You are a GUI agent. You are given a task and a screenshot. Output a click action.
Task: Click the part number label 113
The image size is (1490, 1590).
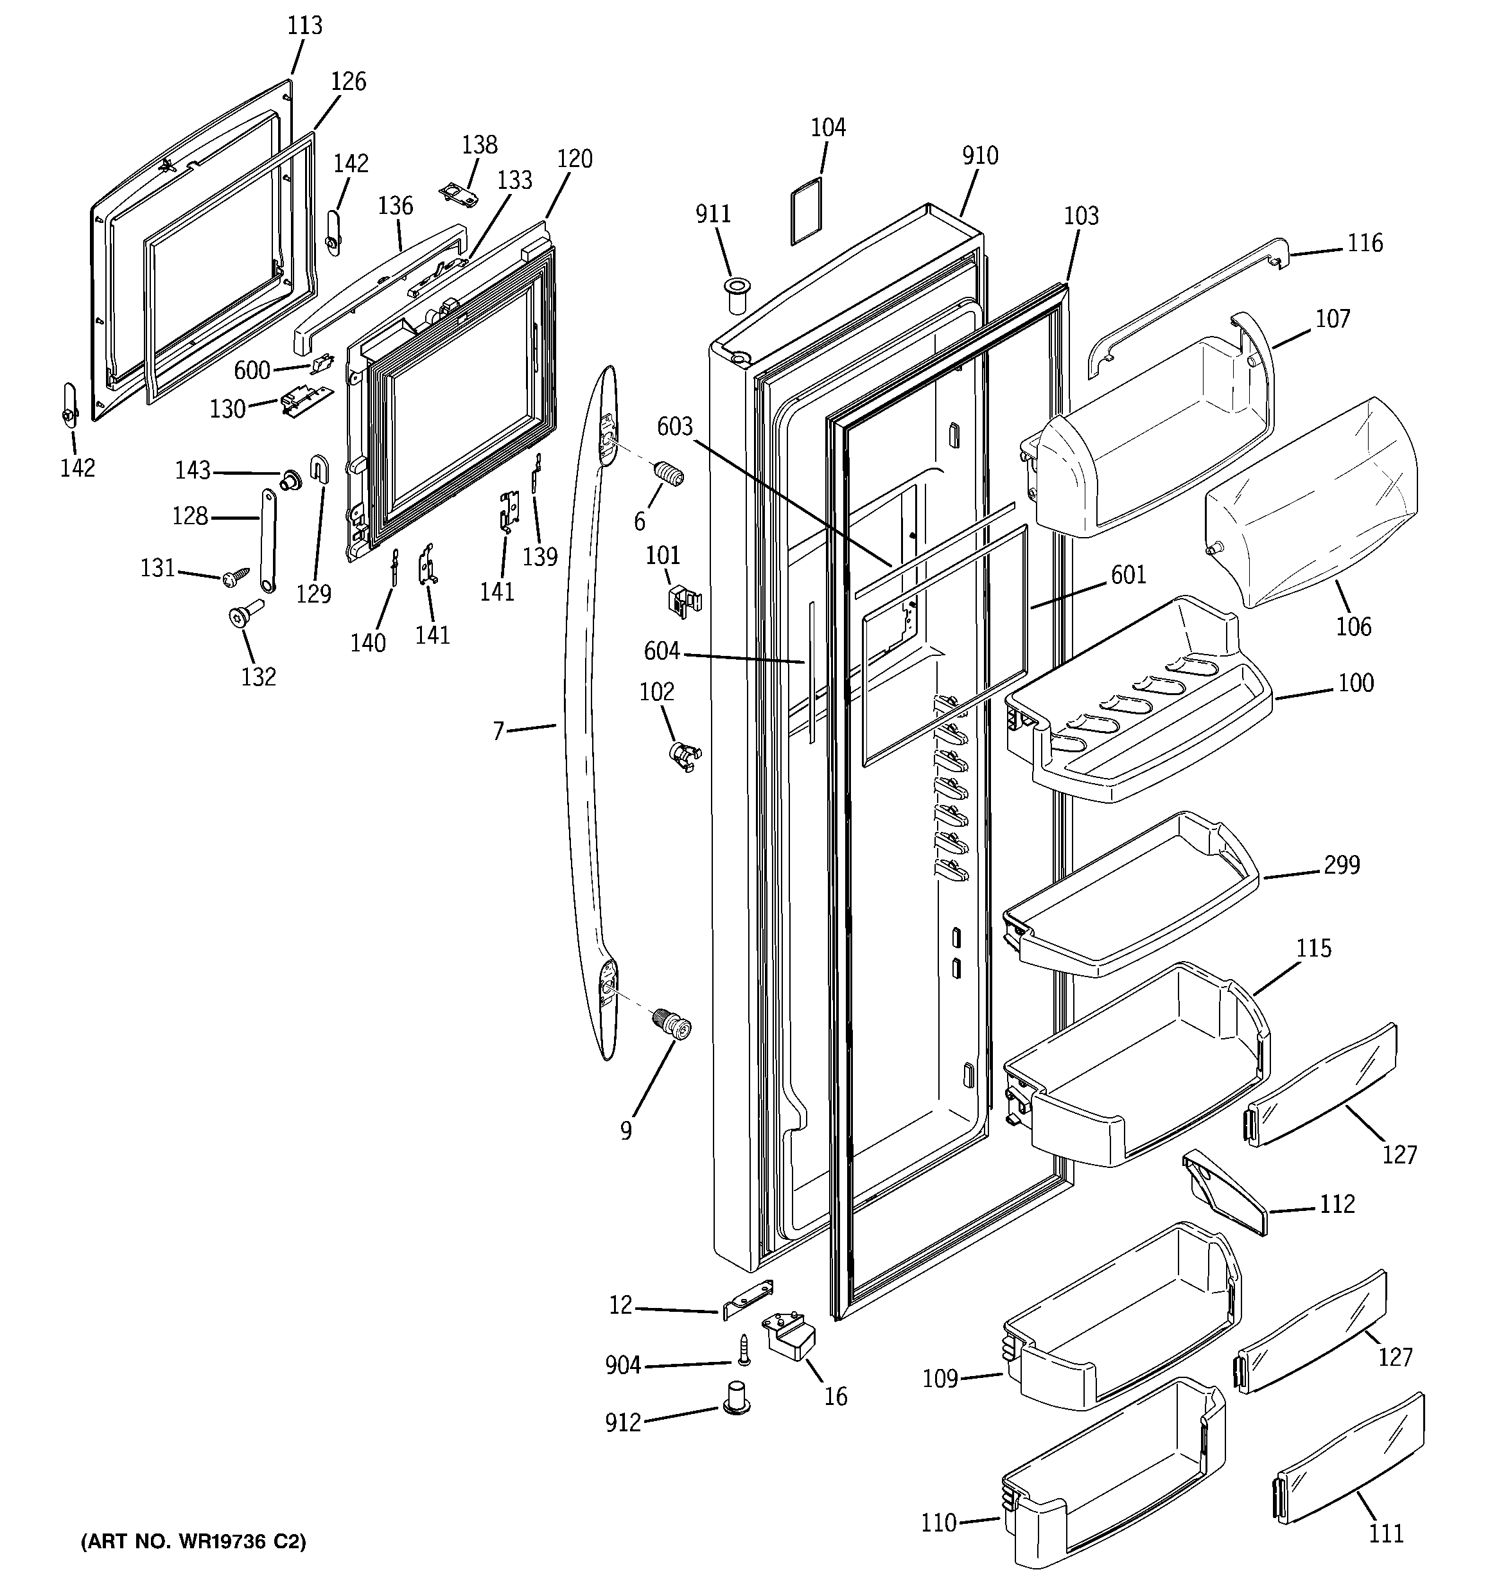point(304,26)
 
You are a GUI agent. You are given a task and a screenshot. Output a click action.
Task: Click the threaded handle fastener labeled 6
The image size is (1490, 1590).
point(669,473)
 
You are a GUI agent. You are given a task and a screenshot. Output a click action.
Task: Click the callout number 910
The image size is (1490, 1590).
point(979,156)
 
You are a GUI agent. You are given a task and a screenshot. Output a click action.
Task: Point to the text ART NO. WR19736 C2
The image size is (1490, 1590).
point(193,1541)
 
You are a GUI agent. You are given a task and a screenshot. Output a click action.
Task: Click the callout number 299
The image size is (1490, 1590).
point(1340,865)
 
